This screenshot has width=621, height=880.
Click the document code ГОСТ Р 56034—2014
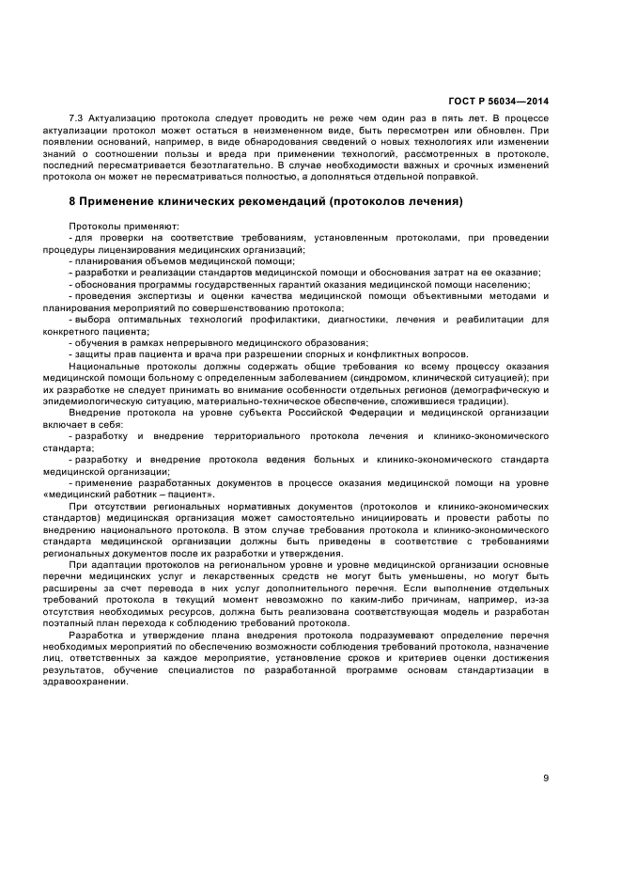tap(499, 101)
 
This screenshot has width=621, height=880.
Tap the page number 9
tap(546, 777)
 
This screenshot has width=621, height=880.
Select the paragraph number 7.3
tap(77, 118)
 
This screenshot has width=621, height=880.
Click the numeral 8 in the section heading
tap(72, 201)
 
